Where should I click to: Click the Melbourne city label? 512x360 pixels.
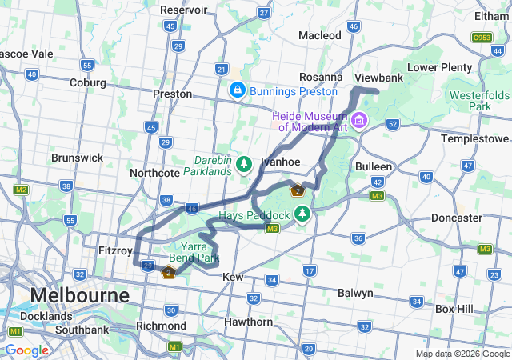pyautogui.click(x=79, y=295)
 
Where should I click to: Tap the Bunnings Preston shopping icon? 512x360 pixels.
pyautogui.click(x=238, y=91)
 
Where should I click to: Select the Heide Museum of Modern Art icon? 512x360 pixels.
pyautogui.click(x=358, y=122)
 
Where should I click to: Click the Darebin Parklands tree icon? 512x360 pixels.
pyautogui.click(x=244, y=165)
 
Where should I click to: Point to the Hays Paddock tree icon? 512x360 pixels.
pyautogui.click(x=302, y=214)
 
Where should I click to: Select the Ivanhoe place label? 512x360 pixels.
pyautogui.click(x=280, y=162)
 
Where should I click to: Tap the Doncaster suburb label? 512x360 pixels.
pyautogui.click(x=457, y=218)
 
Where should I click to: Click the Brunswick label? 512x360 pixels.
pyautogui.click(x=77, y=158)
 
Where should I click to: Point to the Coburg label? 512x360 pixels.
pyautogui.click(x=87, y=82)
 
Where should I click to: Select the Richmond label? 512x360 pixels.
pyautogui.click(x=161, y=326)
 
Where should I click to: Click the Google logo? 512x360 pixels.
pyautogui.click(x=26, y=350)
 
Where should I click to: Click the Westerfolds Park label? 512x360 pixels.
pyautogui.click(x=480, y=100)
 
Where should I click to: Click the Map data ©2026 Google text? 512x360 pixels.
pyautogui.click(x=462, y=354)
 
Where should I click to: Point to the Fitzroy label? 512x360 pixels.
pyautogui.click(x=114, y=250)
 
